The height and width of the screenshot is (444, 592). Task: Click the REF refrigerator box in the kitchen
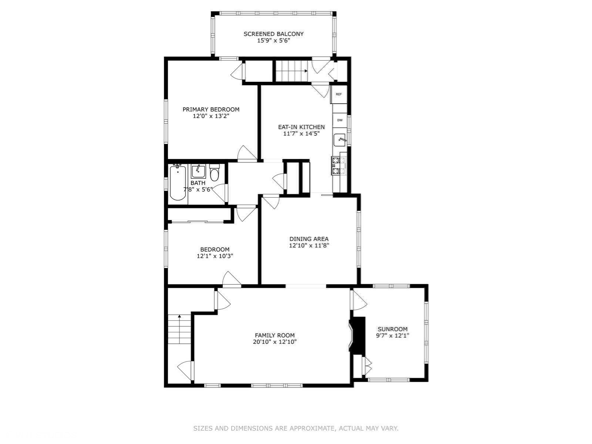(339, 94)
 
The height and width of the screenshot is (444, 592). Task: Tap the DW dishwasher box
(340, 120)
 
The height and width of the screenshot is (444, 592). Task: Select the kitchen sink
(340, 139)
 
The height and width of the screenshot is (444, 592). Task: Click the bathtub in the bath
(178, 183)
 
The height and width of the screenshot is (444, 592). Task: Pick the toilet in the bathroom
(215, 172)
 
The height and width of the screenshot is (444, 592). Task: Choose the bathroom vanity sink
(198, 171)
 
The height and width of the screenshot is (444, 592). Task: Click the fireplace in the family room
(357, 334)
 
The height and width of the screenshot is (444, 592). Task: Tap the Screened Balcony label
(273, 34)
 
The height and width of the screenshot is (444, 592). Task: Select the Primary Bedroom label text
(211, 110)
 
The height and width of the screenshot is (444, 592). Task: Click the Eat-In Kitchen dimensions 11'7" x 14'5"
(301, 134)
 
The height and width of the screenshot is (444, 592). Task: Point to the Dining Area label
(309, 239)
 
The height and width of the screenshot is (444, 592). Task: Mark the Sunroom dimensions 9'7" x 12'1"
(393, 336)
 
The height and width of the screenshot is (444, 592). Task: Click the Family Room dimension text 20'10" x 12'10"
(275, 342)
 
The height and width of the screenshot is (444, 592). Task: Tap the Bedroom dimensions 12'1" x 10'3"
(215, 256)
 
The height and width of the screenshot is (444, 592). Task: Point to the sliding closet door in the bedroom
(198, 222)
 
